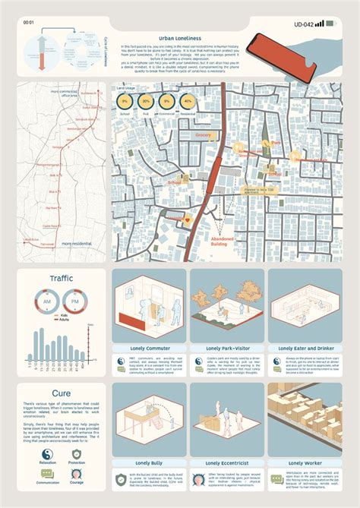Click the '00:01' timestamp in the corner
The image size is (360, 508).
tap(29, 23)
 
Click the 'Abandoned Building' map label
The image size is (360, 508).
tap(223, 241)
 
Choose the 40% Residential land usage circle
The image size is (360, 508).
tap(188, 101)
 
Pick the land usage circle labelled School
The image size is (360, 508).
tap(125, 101)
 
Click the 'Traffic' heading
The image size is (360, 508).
tap(62, 278)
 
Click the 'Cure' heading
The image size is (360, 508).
tap(62, 393)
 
